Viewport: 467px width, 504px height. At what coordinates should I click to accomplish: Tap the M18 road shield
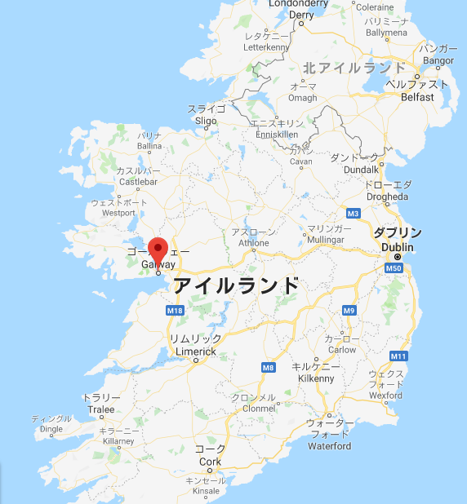tap(175, 311)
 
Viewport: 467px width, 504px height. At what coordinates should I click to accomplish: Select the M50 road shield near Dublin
tap(394, 267)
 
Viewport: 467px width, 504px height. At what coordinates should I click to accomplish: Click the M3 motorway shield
tap(353, 214)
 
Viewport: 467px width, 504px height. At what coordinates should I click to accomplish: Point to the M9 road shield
tap(349, 311)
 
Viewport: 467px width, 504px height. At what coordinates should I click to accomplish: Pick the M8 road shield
tap(269, 368)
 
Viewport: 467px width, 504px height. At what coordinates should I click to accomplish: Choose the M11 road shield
tap(399, 356)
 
